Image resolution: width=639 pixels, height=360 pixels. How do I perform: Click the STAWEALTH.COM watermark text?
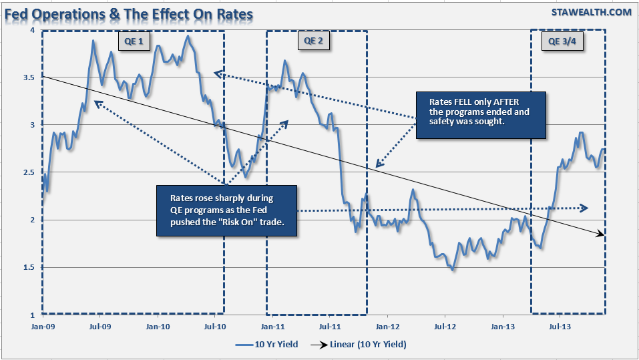(x=591, y=12)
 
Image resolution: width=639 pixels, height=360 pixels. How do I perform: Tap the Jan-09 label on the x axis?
(x=41, y=327)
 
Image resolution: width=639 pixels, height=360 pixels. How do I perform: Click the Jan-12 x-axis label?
(x=387, y=327)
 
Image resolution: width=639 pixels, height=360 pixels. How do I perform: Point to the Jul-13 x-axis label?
(x=560, y=327)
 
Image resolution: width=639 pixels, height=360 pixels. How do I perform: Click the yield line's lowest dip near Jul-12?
(x=453, y=269)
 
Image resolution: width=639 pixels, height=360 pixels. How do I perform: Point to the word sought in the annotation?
(x=491, y=122)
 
